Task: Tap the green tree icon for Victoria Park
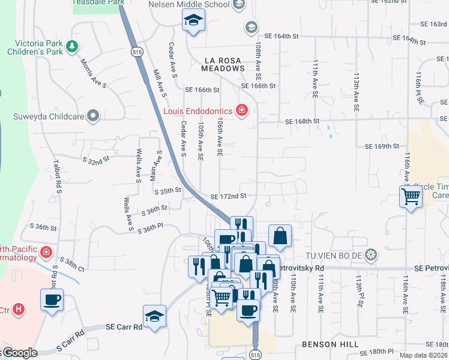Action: pos(72,46)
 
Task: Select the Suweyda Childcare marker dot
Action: pos(92,115)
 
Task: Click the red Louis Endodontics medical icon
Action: pos(241,110)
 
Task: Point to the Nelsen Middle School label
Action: pos(189,5)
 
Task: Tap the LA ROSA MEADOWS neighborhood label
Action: pos(225,65)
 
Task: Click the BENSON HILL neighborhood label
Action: pos(330,344)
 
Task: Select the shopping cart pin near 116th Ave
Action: pos(411,196)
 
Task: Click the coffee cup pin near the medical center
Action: pos(52,299)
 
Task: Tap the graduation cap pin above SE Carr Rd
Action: pos(154,316)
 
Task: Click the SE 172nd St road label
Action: pos(228,196)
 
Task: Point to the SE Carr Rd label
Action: pos(124,327)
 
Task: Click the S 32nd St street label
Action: pos(98,161)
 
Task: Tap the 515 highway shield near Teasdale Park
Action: pos(137,52)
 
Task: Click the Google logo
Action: pos(21,353)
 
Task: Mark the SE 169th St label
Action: pos(382,146)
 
